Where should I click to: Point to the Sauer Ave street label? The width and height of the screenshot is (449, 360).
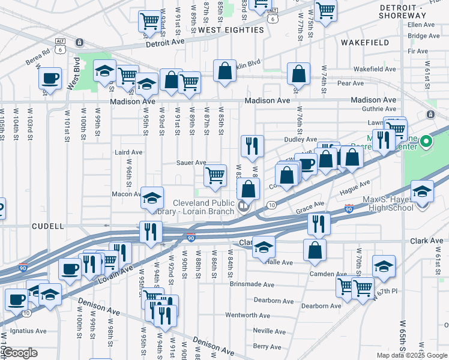click(191, 163)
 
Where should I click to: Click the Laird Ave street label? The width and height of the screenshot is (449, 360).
click(128, 152)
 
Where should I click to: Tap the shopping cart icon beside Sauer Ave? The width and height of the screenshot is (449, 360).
click(215, 176)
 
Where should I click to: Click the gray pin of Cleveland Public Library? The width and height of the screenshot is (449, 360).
click(243, 207)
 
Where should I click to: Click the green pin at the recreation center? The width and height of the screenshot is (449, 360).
click(426, 142)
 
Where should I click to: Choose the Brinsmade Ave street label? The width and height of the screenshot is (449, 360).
click(252, 285)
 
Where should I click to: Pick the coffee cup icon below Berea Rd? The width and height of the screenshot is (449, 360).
click(50, 78)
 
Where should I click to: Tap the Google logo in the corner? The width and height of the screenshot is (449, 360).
click(20, 353)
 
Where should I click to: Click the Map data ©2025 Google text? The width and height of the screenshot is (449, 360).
click(412, 355)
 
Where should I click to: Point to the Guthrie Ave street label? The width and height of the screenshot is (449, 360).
click(380, 109)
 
